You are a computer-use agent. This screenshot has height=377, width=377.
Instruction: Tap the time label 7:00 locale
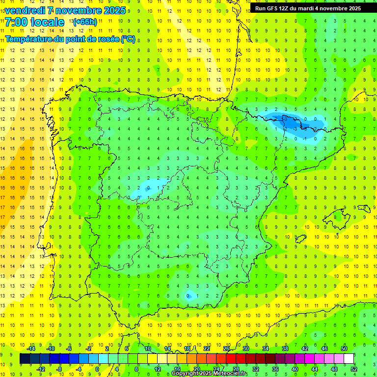coord(34,22)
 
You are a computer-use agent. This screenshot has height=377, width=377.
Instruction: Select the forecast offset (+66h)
coord(85,22)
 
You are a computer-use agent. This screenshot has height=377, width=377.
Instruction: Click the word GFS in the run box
coord(275,8)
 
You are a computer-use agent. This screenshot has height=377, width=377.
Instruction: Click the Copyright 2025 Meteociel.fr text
coord(209,374)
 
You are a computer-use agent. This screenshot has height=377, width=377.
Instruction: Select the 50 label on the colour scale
coord(344,349)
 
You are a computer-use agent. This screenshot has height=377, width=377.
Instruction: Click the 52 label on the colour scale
coord(354,369)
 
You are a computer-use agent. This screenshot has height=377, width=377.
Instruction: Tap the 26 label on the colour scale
coord(226,349)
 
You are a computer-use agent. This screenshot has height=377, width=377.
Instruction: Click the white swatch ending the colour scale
coord(349,359)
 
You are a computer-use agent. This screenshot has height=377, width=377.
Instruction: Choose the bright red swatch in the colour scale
coord(231,359)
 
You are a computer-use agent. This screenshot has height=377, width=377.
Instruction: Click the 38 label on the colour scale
coord(285,349)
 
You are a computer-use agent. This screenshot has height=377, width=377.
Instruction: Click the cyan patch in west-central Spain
coord(147,187)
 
